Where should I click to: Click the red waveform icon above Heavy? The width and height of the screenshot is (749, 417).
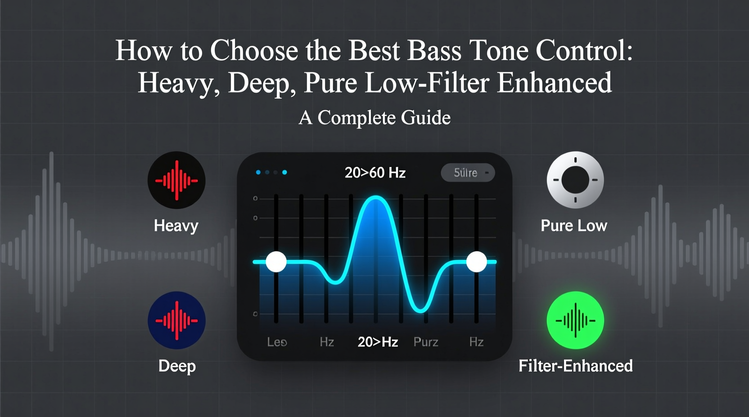coord(176,180)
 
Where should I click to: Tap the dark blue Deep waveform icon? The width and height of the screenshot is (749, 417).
coord(176,320)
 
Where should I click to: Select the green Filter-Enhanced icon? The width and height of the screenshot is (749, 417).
coord(575,320)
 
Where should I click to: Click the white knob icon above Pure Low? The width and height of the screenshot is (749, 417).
coord(575,180)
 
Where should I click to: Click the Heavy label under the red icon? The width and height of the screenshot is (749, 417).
coord(176,226)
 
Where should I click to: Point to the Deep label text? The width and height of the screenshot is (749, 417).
coord(177,366)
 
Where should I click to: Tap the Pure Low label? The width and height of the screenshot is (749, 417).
coord(574,226)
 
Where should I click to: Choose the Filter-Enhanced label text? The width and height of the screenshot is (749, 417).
coord(575,366)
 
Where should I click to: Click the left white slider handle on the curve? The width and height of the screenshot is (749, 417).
coord(276,262)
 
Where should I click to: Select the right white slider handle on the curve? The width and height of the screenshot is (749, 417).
coord(476,262)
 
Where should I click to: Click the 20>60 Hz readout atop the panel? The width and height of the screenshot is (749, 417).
coord(375,173)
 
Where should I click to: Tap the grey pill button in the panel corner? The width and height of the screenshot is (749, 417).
coord(468,173)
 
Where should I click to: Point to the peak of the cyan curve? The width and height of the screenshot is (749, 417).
coord(375,198)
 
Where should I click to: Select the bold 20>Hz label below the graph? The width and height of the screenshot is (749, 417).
coord(378,342)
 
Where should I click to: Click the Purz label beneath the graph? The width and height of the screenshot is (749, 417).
coord(426,342)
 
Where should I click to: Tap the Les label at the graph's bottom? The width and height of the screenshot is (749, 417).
coord(277,342)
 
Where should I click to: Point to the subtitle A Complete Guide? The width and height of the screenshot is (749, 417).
coord(374,118)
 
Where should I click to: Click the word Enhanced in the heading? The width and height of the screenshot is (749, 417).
coord(554,83)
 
